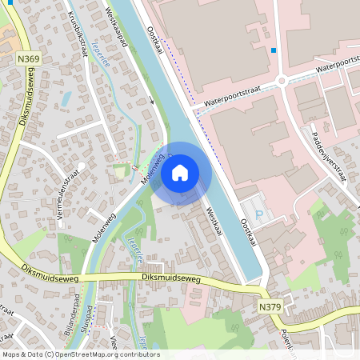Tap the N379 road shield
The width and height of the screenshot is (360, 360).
point(270,306)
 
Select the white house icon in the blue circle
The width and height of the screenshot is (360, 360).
point(180,172)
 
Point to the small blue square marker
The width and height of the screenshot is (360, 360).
point(274,50)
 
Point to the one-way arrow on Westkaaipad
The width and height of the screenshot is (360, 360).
point(151,100)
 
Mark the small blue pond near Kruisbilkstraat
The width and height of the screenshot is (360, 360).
point(66,98)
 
